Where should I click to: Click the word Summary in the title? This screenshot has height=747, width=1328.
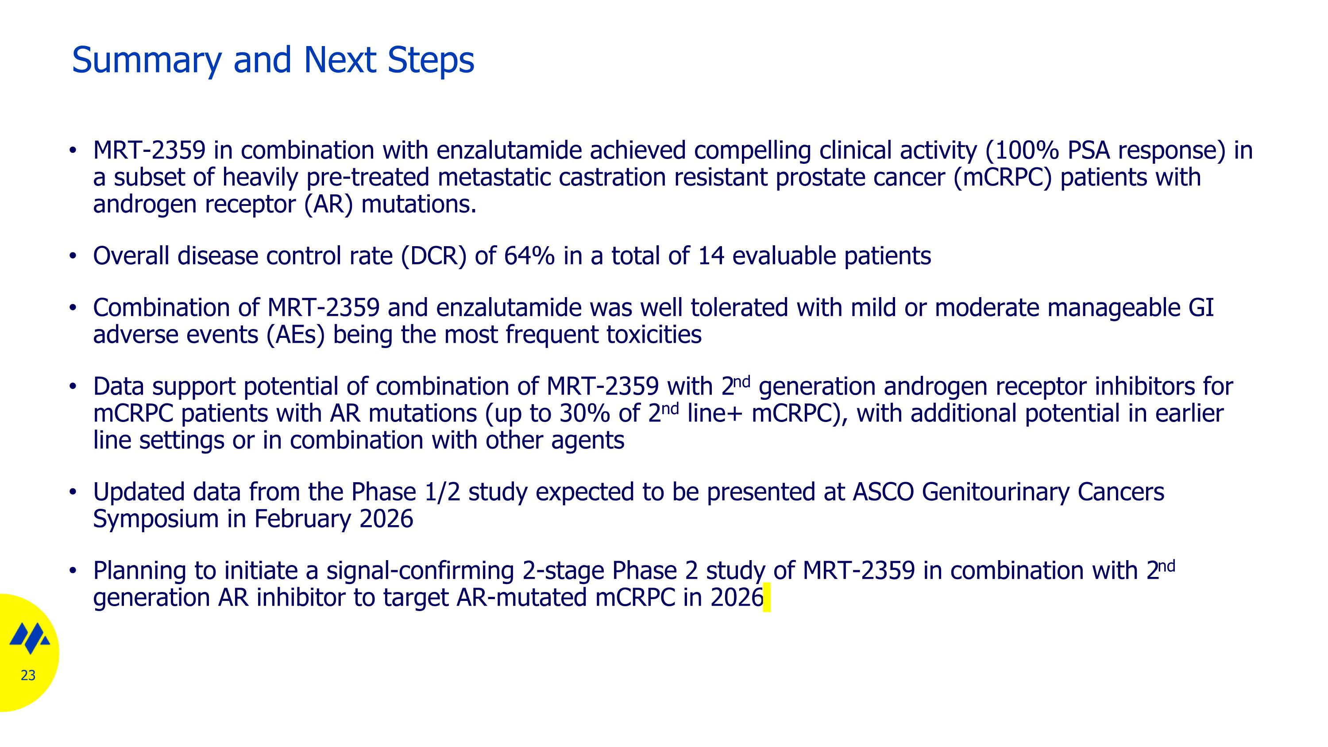[x=147, y=61]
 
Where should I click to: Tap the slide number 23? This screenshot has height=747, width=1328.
[x=28, y=675]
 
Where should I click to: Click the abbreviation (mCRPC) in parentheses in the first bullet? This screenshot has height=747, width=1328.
[x=1002, y=178]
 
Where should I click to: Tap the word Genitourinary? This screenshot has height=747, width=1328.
[x=996, y=492]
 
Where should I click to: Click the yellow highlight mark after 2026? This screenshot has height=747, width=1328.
[x=767, y=597]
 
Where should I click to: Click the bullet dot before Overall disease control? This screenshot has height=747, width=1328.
[x=73, y=255]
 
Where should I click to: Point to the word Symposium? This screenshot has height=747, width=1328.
[x=156, y=519]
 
